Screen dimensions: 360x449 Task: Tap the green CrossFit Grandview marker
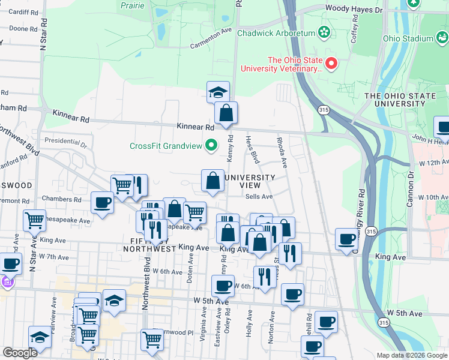[x=211, y=145]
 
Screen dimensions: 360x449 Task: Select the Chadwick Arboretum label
[x=276, y=33]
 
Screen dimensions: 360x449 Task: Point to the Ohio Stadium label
[x=408, y=40]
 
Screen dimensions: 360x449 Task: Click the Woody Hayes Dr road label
[x=353, y=10]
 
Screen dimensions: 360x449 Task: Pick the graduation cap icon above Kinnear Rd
[x=218, y=92]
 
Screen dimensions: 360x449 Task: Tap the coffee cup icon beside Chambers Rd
[x=102, y=203]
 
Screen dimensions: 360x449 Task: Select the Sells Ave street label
[x=259, y=196]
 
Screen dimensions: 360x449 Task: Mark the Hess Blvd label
[x=252, y=149]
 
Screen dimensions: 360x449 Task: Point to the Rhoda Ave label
[x=282, y=152]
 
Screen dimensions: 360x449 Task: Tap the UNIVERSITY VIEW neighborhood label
[x=250, y=181]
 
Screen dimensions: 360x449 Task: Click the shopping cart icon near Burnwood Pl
[x=152, y=340]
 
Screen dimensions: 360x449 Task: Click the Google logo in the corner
[x=20, y=353]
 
